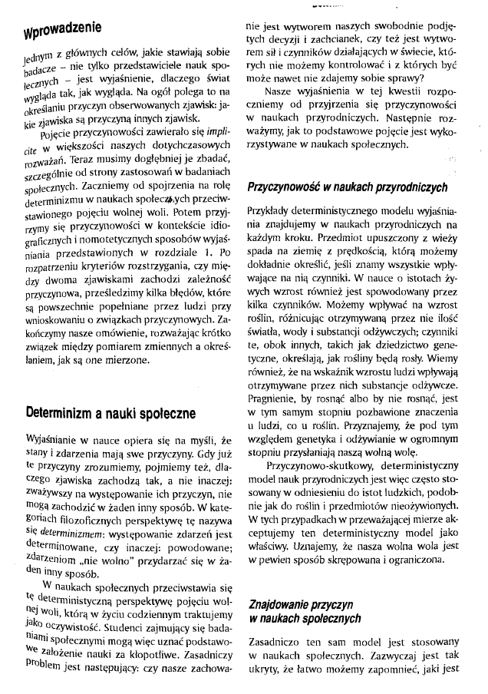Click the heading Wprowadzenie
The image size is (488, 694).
click(x=62, y=30)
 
